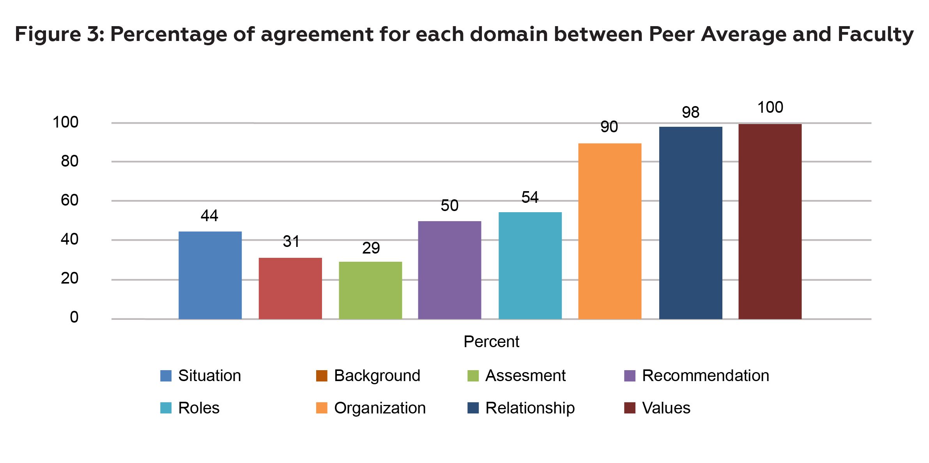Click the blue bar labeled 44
click(x=210, y=275)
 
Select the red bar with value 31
click(x=290, y=288)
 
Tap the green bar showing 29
click(x=370, y=290)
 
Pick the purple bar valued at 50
click(x=449, y=270)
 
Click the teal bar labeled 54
click(x=530, y=265)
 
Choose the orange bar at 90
click(x=610, y=231)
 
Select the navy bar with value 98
click(x=690, y=223)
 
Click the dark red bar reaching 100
click(x=770, y=221)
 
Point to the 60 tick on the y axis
click(x=70, y=200)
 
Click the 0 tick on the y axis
click(x=74, y=318)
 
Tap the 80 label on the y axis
click(x=70, y=161)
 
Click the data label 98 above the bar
click(x=690, y=113)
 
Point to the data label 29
click(x=371, y=248)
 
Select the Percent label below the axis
click(x=491, y=342)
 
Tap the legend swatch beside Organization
click(x=322, y=408)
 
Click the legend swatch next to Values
click(x=630, y=408)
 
